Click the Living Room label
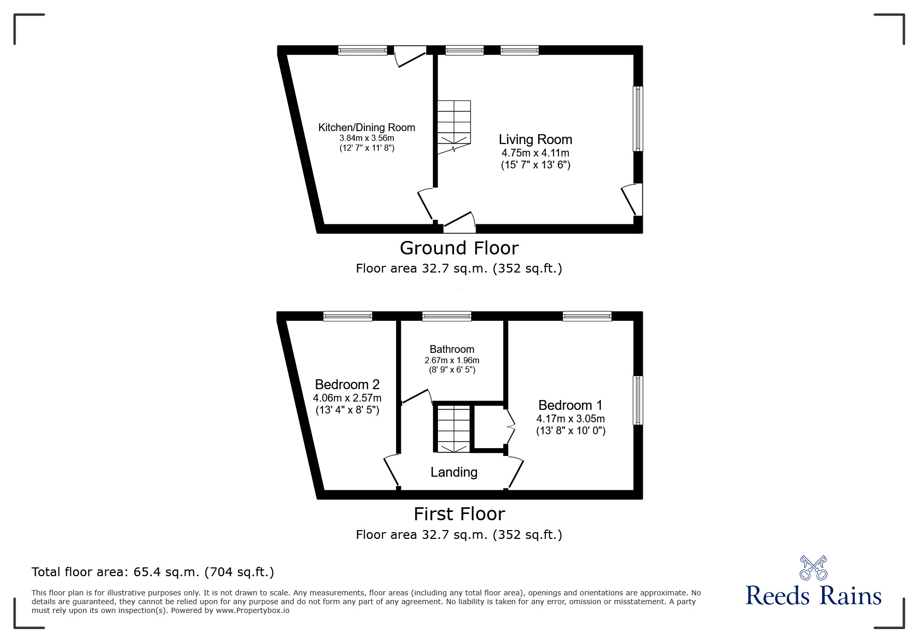coord(535,139)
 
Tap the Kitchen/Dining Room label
coord(366,127)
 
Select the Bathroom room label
coord(451,349)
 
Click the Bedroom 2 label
coord(347,384)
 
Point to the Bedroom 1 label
coord(570,405)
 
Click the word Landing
coord(454,472)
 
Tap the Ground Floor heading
coord(459,248)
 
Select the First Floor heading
coord(459,514)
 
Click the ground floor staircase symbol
coord(454,124)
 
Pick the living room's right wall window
coord(638,119)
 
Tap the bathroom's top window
coord(446,316)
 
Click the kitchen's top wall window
coord(362,50)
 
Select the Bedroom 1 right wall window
coord(638,400)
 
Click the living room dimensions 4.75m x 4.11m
coord(535,153)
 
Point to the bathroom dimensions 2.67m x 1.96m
coord(451,361)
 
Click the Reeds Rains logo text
coord(813,596)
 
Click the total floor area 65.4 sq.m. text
coord(153,572)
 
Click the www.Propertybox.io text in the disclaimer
coord(252,610)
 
